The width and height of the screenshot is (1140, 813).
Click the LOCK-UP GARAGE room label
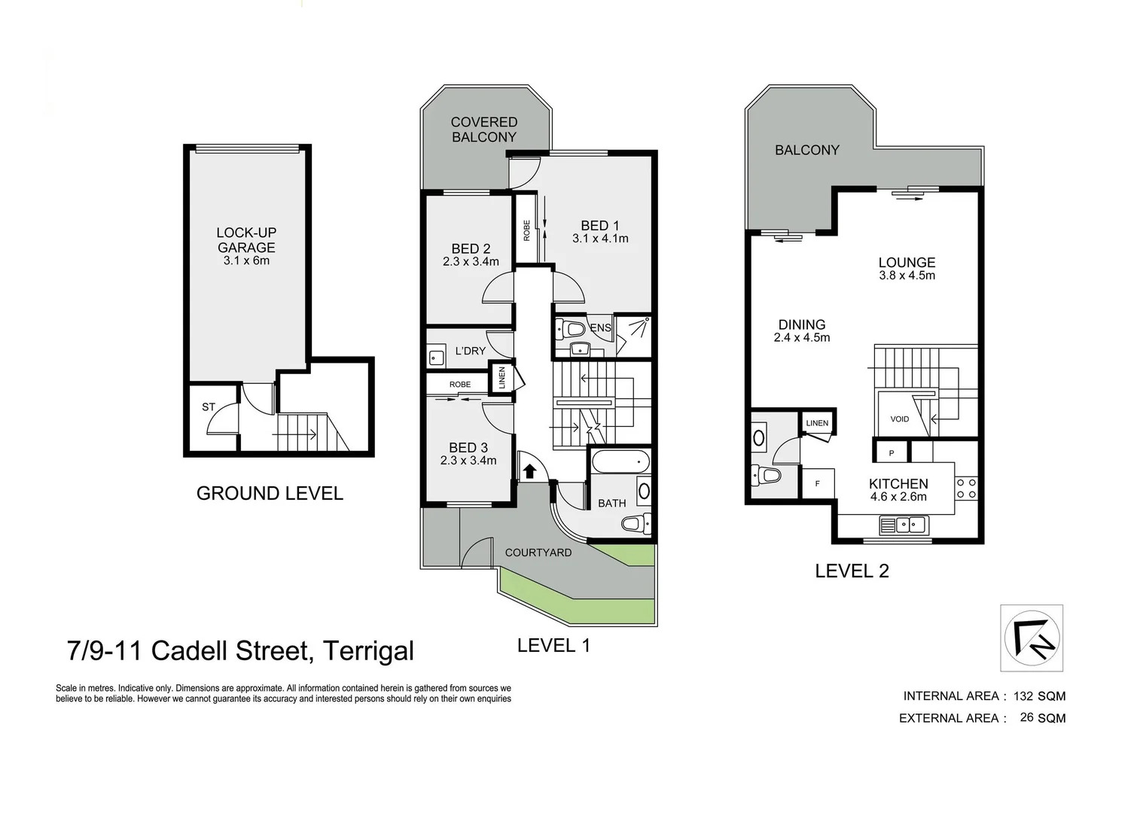click(246, 240)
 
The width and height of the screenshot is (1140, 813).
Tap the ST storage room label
click(209, 407)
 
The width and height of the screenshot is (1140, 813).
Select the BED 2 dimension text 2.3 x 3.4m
click(471, 262)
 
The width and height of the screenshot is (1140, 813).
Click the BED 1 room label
click(599, 226)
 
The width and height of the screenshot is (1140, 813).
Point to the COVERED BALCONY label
click(484, 129)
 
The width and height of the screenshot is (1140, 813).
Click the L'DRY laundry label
click(471, 351)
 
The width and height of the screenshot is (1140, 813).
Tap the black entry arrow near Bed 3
click(529, 471)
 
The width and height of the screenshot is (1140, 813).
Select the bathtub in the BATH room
click(620, 460)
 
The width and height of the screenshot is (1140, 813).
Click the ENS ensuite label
click(600, 327)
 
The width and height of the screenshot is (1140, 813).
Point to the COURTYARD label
click(538, 553)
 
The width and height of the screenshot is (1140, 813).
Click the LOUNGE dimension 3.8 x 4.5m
click(907, 276)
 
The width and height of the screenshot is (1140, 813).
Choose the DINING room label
click(802, 324)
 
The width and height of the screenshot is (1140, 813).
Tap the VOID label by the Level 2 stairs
click(900, 419)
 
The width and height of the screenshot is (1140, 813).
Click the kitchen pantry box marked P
click(892, 453)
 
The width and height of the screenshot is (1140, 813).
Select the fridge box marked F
click(818, 484)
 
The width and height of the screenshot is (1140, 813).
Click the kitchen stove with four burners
click(966, 489)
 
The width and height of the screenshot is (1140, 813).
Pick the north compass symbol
click(1032, 638)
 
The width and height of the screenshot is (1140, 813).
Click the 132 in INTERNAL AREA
click(1023, 696)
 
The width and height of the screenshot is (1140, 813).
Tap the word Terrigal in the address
click(368, 650)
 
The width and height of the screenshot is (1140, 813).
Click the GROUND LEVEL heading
click(270, 494)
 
